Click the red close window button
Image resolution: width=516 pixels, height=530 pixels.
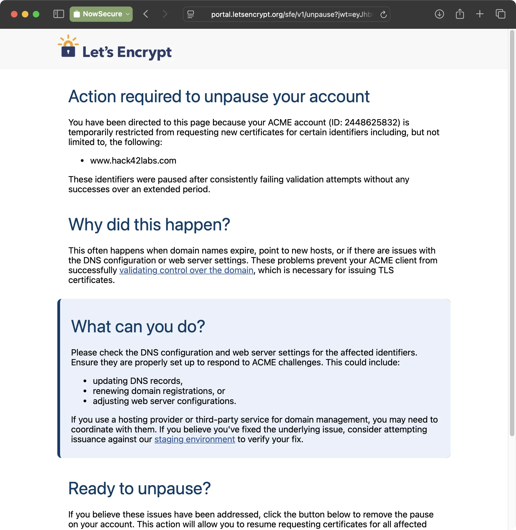[x=14, y=14]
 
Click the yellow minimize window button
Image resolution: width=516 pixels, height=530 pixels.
[x=25, y=14]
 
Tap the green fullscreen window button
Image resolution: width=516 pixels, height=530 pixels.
[x=36, y=14]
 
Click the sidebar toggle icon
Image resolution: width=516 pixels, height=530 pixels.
[x=59, y=14]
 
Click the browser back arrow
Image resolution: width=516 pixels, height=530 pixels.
[x=146, y=14]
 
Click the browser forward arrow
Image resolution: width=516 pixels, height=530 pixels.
[x=165, y=14]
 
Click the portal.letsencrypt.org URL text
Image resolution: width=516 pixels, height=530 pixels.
[x=291, y=14]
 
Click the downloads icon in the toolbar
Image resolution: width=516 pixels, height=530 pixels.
[x=439, y=14]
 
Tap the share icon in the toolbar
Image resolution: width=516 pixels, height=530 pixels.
[x=460, y=14]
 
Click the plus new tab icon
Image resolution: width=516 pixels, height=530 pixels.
[x=480, y=14]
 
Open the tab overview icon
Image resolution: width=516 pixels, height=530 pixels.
[x=500, y=14]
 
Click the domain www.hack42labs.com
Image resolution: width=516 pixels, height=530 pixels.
[x=133, y=161]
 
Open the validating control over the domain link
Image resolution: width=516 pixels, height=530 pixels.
[x=186, y=270]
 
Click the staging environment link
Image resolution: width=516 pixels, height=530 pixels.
[x=195, y=439]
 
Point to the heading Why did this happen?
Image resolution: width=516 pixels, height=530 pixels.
[x=149, y=225]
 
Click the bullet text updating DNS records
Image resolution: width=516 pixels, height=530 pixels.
[x=137, y=381]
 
